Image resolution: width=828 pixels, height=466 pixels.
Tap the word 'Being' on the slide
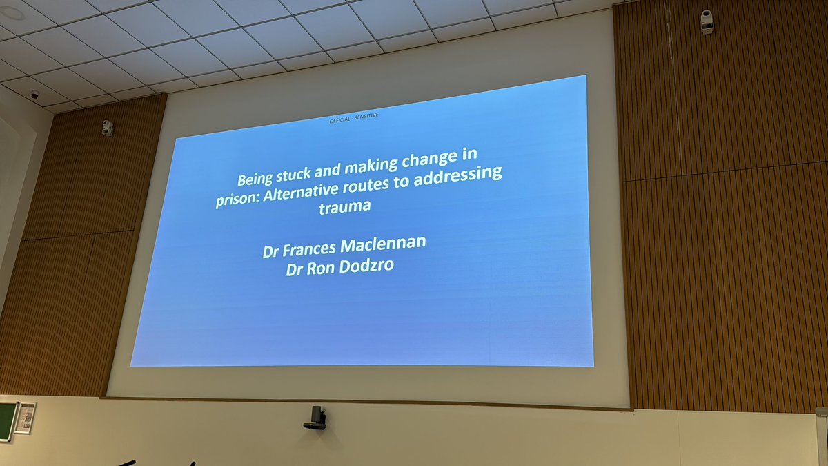253,180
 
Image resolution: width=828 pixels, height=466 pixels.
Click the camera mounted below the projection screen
316,417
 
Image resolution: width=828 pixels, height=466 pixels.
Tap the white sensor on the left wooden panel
107,128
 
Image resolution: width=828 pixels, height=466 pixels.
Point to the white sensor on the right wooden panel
706,22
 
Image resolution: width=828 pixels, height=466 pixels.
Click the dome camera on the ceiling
34,95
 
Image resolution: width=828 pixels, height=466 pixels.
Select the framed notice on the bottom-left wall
25,418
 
